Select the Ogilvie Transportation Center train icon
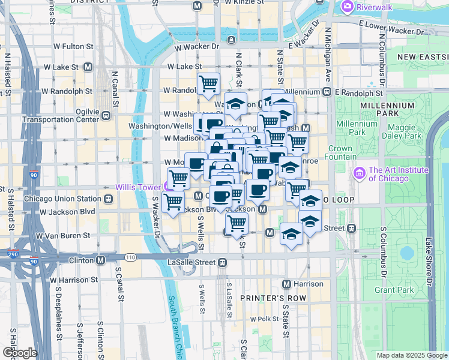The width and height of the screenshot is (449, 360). tap(106, 115)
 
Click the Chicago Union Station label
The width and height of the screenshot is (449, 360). tap(63, 199)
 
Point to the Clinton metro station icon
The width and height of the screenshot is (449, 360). tap(101, 260)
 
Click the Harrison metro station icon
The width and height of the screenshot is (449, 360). tap(286, 283)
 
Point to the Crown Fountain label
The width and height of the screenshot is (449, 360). tap(340, 152)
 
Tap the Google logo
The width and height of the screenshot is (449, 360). tap(20, 353)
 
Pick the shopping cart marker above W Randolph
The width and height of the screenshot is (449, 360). tap(208, 83)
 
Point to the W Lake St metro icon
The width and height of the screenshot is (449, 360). tap(88, 67)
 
